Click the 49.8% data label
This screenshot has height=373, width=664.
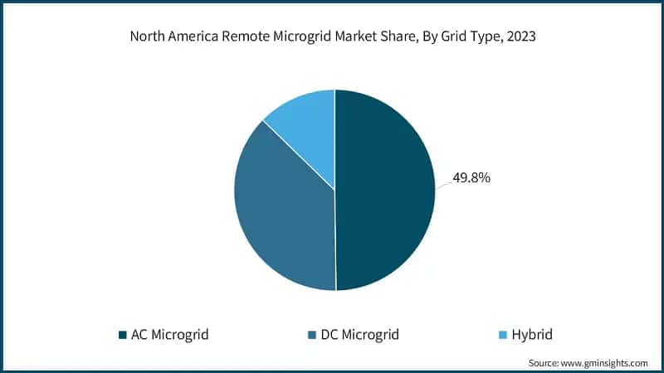point(471,177)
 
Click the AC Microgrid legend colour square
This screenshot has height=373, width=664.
point(122,336)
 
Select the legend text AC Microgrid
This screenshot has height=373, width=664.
point(170,335)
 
